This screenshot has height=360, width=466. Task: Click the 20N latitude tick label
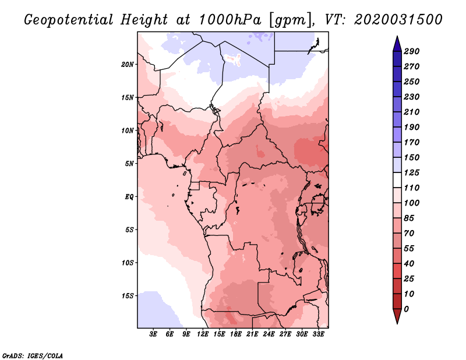[x=128, y=64]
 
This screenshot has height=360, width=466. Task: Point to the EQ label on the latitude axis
[x=129, y=196]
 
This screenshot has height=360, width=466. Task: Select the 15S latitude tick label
[x=128, y=295]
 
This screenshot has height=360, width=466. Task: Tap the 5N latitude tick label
[x=129, y=164]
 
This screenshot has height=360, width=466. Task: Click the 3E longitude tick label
[x=154, y=334]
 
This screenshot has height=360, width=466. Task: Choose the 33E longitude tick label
[x=319, y=334]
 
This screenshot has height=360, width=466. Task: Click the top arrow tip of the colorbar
[x=396, y=37]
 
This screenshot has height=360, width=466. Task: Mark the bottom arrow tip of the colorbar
[x=396, y=322]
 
